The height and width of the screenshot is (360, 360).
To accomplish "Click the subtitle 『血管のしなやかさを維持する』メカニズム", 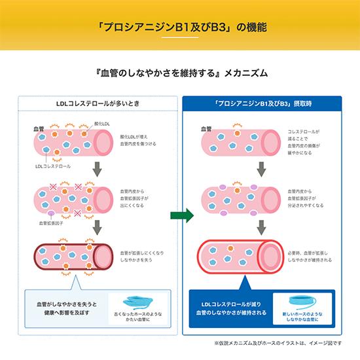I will (180, 74).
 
